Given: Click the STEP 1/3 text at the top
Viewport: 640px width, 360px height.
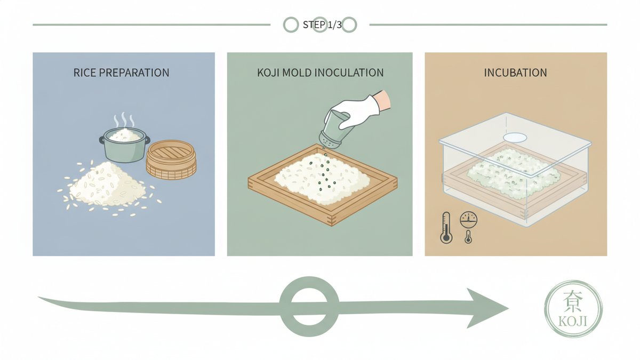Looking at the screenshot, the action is pos(322,25).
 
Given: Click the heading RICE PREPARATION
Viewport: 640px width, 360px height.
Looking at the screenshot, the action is pos(121,73).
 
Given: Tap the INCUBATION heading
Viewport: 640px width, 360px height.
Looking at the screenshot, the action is pos(515,73).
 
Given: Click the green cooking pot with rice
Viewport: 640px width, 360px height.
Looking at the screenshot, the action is pos(125,145).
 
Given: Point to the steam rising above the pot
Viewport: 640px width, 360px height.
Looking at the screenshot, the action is pos(124,119).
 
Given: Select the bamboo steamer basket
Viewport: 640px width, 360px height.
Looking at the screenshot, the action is pos(171,159).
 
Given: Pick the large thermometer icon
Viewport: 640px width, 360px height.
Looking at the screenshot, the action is pos(446,228).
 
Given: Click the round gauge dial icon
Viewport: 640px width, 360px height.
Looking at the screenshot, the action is pos(469,219).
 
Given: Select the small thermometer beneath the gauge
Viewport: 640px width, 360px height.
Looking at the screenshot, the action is pos(468,237).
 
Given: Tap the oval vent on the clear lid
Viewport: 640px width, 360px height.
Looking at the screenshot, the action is pos(515,138).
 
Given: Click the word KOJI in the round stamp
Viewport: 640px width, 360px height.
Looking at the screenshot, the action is pos(573,322).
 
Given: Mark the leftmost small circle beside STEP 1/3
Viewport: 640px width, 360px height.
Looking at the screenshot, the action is pos(291,25).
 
